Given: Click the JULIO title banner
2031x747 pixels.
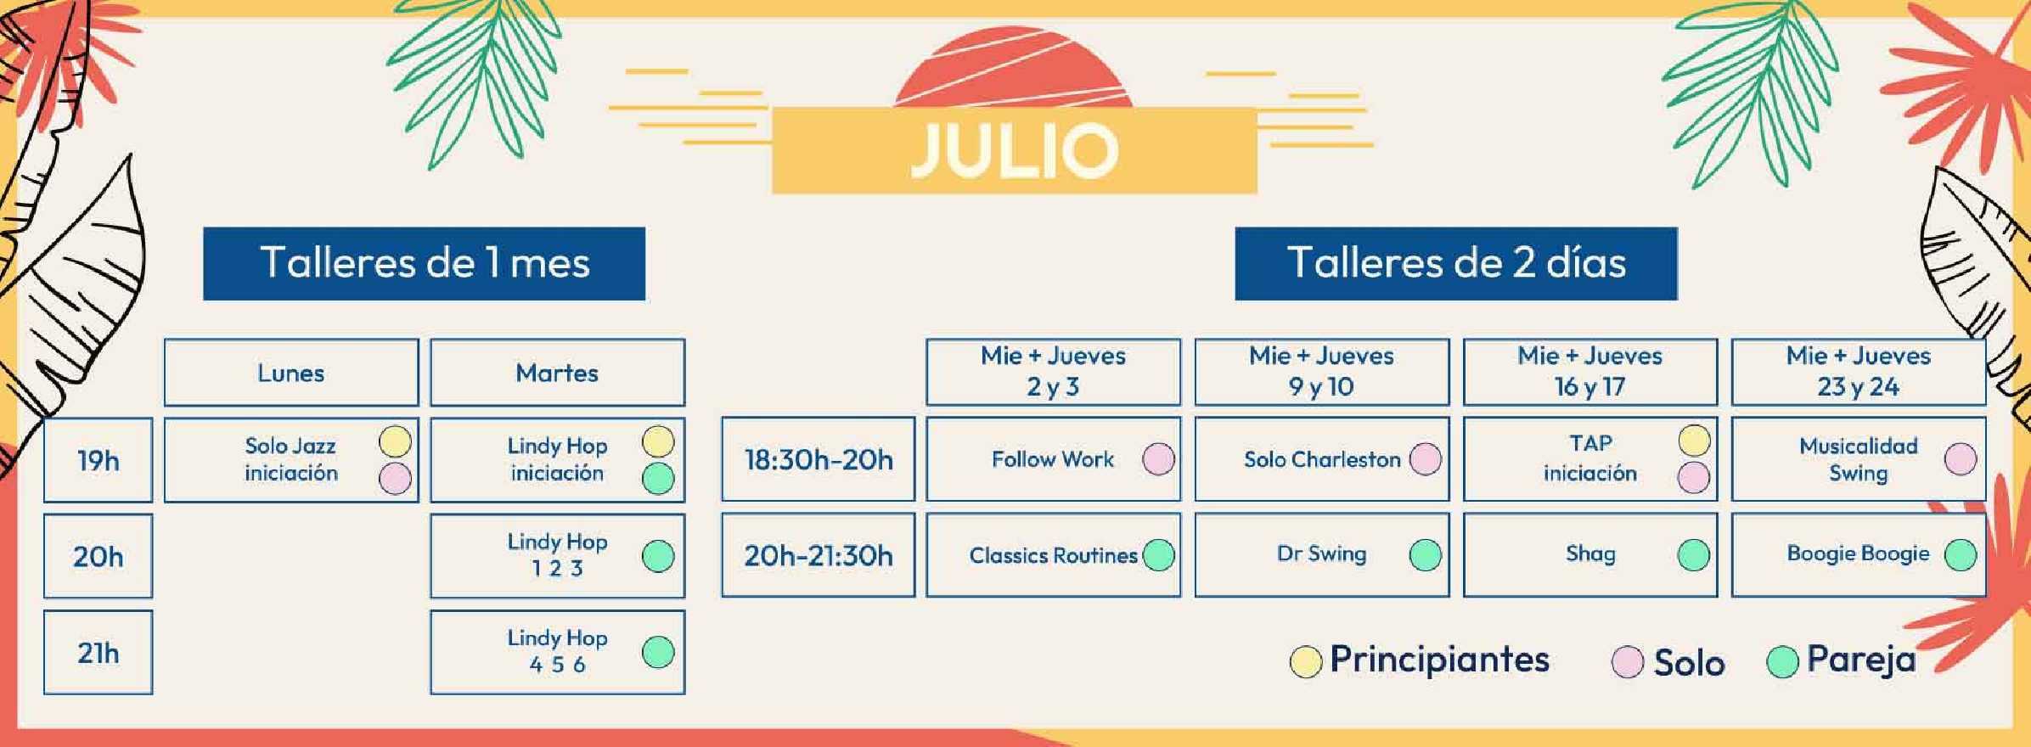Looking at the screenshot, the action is coord(1014,150).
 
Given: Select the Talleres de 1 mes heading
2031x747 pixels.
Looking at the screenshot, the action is coord(424,263).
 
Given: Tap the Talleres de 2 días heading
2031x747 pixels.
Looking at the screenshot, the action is coord(1456,263).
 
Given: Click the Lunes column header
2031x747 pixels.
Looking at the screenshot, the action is coord(291,373).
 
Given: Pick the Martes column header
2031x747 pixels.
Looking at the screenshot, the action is coord(558,373).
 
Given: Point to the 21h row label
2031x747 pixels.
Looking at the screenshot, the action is coord(98,652).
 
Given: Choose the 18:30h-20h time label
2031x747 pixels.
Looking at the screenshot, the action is coord(819,459).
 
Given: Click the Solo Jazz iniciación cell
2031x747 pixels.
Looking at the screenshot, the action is coord(291,459).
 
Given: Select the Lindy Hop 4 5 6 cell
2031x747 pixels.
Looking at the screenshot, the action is coord(558,652).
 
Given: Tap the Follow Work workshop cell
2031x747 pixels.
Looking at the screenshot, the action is coord(1053,459).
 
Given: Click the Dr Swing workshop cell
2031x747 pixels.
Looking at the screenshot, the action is coord(1322,555).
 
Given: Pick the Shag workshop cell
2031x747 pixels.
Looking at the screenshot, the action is coord(1590,555).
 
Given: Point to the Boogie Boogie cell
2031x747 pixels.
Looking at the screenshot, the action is coord(1859,555).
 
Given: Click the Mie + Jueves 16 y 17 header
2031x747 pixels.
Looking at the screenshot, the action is coord(1590,372).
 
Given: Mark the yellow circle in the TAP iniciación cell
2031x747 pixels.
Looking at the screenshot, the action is coord(1694,441).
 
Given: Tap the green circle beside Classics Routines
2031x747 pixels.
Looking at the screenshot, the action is coord(1159,555).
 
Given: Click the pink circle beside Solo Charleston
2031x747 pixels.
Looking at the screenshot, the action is coord(1426,459).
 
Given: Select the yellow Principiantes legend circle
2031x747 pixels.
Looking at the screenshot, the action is coord(1306,662).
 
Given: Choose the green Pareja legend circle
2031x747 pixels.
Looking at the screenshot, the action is coord(1782,662).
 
